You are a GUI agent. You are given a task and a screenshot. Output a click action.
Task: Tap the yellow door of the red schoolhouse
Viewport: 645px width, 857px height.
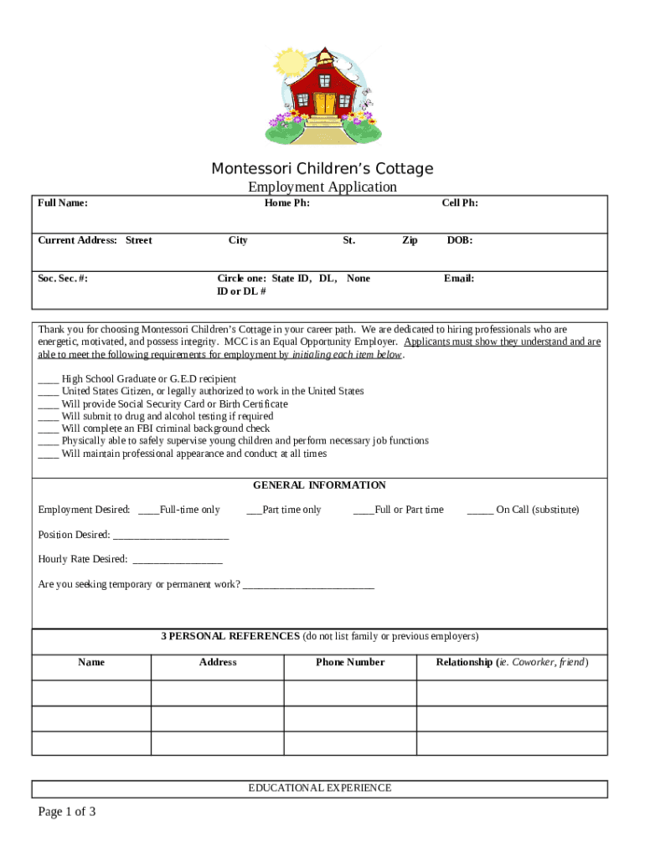(x=323, y=104)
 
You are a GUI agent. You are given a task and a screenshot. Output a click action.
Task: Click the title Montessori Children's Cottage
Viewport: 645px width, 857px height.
(x=322, y=168)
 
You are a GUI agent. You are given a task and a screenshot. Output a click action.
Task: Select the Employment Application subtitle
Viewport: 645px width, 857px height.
(x=322, y=187)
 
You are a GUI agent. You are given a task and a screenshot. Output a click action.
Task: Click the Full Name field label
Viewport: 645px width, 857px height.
(x=63, y=203)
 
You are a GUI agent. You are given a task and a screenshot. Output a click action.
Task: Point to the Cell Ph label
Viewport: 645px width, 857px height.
(x=460, y=203)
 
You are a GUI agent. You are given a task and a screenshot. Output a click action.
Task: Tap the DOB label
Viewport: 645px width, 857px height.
(x=459, y=240)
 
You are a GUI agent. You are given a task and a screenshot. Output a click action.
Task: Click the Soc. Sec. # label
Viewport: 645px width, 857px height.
(x=63, y=278)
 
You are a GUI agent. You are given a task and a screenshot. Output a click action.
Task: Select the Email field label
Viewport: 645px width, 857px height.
(x=459, y=278)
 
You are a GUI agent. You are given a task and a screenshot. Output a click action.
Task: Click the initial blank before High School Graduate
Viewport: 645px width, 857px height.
(x=48, y=380)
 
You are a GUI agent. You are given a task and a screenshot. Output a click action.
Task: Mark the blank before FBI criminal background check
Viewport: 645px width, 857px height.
(x=48, y=429)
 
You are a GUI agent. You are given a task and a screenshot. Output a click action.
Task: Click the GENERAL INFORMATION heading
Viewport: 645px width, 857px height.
(x=319, y=485)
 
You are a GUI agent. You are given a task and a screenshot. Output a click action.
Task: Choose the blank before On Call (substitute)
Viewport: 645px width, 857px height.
(x=479, y=511)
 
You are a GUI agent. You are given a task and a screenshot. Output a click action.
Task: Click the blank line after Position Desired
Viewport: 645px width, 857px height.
(x=170, y=536)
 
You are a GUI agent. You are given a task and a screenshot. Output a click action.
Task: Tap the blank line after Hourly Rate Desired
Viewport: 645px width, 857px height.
(x=177, y=560)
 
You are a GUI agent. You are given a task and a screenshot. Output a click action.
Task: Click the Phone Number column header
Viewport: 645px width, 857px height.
(x=350, y=662)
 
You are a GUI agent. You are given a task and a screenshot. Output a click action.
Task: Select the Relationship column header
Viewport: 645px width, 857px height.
(x=512, y=662)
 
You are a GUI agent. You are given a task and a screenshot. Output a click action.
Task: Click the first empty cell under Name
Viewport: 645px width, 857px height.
(x=91, y=693)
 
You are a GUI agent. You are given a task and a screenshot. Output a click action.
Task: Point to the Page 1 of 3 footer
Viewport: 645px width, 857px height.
(x=67, y=811)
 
